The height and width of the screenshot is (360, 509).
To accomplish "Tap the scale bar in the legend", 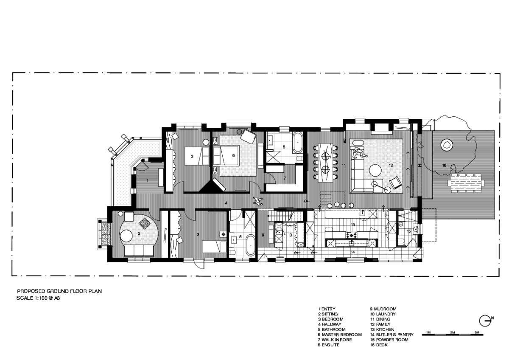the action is tap(453, 335).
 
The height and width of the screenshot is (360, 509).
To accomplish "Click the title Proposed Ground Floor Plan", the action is tap(59, 291).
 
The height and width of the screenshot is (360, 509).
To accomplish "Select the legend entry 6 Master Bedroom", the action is tap(340, 335).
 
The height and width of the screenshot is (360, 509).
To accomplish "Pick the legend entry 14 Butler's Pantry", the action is tap(392, 335).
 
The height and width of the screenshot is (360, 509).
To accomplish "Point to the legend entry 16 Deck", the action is tap(379, 345).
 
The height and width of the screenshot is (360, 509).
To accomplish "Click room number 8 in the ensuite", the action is tap(284, 147).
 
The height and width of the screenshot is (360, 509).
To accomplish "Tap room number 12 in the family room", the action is tap(391, 165).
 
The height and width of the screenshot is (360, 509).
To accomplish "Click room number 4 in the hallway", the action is tap(226, 203).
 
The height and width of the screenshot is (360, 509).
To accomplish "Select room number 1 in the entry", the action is tap(148, 181).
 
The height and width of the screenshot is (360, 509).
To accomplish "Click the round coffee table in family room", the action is tap(375, 170).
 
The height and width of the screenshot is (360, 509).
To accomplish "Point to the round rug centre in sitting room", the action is tap(126, 236).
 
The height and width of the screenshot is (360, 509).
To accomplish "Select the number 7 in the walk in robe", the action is tap(285, 178).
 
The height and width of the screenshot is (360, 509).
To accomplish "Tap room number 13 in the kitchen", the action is tap(352, 225).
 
